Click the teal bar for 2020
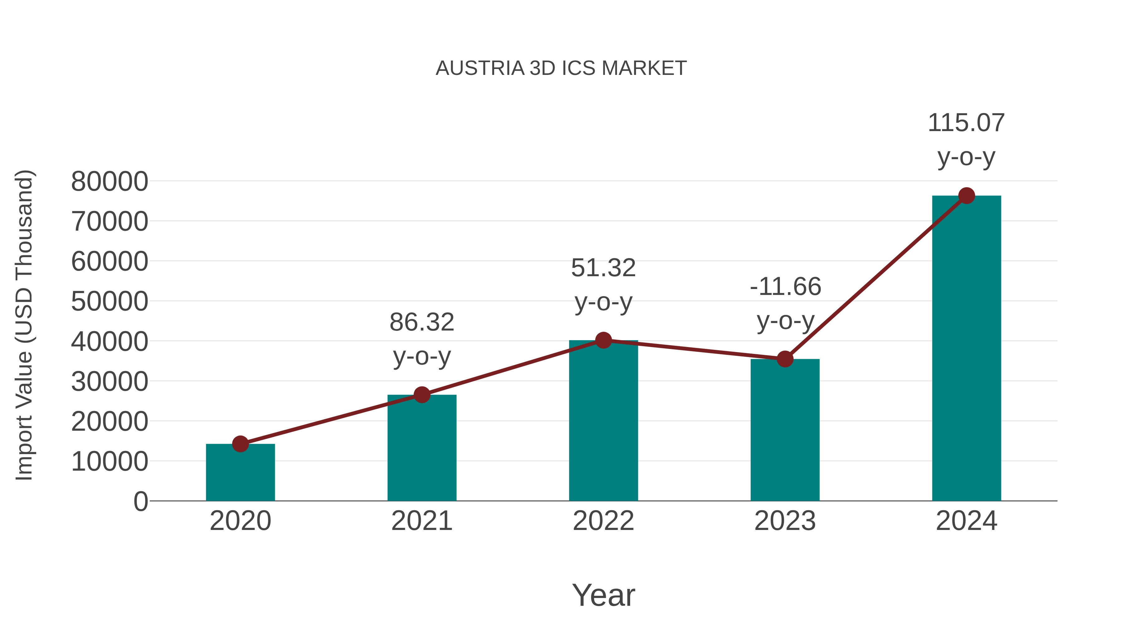click(x=240, y=473)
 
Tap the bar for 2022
click(x=603, y=421)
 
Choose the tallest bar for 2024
click(x=966, y=349)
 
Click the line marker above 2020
click(x=240, y=444)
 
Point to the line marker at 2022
click(x=603, y=340)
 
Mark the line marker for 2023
click(x=785, y=359)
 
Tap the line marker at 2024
click(x=966, y=196)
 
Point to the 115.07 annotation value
click(x=966, y=123)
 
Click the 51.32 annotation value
click(x=603, y=268)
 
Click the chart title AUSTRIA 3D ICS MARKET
click(x=561, y=68)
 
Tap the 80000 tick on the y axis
click(x=109, y=181)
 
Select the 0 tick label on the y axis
click(x=141, y=501)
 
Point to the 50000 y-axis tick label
click(x=109, y=301)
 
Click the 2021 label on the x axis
click(x=421, y=521)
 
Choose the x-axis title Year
click(x=603, y=595)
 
